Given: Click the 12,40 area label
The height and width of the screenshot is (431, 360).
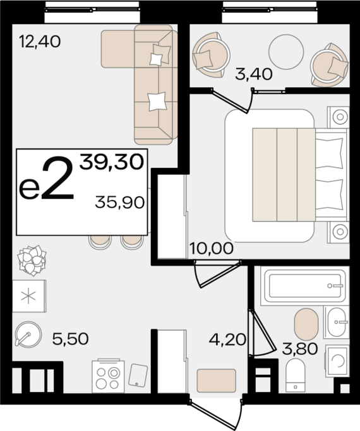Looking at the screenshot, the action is click(x=40, y=42).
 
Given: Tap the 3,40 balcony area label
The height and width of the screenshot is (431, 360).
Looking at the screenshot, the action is click(x=254, y=74).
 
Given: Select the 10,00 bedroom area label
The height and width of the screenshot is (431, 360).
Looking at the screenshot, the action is click(x=212, y=249).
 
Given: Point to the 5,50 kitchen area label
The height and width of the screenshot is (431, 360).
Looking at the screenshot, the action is click(x=70, y=339).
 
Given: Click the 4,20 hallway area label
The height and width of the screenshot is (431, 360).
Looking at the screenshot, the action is click(x=227, y=339).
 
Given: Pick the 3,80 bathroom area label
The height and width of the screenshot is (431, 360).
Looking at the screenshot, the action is click(x=300, y=349).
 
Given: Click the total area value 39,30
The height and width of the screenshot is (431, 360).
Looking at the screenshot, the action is click(x=112, y=162).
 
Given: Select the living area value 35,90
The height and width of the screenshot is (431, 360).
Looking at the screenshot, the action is click(x=119, y=203).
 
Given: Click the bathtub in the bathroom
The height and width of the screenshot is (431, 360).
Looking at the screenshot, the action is click(x=304, y=286).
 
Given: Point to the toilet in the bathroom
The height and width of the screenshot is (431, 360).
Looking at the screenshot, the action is click(x=296, y=375).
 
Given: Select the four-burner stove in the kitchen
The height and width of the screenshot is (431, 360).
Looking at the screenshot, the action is click(x=108, y=375).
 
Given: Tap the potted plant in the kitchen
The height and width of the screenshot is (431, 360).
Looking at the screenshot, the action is click(x=32, y=261).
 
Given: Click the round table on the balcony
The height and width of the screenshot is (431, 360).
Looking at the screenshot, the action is click(x=286, y=52).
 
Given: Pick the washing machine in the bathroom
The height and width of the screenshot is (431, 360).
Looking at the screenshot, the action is click(x=337, y=360).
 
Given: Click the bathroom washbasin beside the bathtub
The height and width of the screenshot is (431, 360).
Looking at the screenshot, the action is click(x=337, y=322).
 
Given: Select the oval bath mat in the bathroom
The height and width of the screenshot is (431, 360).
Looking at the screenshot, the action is click(x=306, y=324).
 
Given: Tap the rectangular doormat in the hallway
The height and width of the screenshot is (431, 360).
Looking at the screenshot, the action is click(x=217, y=381).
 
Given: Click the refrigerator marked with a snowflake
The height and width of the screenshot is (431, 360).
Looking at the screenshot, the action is click(x=29, y=296).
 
